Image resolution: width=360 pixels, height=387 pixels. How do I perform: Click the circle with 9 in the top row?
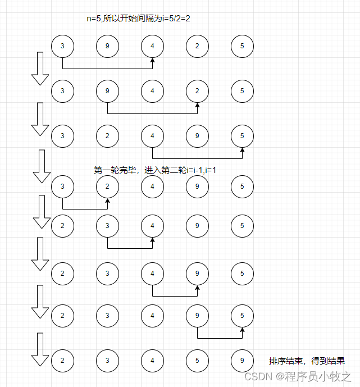click(107, 45)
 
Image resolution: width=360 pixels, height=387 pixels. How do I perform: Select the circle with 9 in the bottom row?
click(242, 360)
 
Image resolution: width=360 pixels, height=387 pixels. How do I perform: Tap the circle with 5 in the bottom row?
click(197, 360)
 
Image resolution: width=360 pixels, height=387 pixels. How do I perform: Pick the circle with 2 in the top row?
click(197, 45)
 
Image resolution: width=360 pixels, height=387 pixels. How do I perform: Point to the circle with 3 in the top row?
click(62, 45)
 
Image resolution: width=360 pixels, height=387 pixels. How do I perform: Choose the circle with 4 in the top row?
click(152, 45)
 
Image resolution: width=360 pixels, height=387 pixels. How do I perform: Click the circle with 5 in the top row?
click(242, 45)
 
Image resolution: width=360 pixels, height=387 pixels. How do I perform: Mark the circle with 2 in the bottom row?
click(62, 360)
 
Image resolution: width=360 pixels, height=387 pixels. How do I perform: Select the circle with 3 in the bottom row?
click(107, 360)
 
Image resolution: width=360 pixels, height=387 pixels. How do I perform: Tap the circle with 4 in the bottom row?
click(152, 360)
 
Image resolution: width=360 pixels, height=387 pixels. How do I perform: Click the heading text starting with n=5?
click(139, 19)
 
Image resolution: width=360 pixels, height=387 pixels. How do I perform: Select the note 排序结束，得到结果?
click(306, 361)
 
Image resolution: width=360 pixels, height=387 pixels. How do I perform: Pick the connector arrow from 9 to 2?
click(152, 113)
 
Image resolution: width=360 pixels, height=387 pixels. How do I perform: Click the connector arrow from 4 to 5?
click(197, 158)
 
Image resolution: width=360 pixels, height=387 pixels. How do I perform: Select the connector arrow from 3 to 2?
click(85, 208)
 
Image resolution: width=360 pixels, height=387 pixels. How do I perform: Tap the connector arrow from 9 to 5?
click(220, 338)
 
